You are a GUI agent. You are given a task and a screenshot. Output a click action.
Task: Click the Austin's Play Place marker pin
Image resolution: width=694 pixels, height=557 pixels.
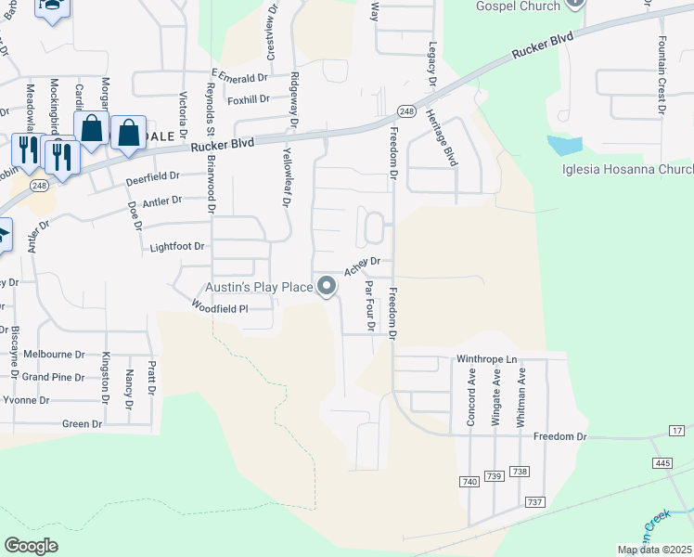(327, 287)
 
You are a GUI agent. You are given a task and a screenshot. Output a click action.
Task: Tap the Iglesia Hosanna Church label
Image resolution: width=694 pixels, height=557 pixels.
(628, 170)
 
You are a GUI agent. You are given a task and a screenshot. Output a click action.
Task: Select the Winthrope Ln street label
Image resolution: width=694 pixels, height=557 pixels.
(486, 358)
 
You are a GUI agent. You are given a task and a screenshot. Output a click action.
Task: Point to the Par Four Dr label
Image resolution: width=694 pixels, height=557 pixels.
(369, 305)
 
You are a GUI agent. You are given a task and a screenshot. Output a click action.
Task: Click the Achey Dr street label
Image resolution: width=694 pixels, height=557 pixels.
(363, 266)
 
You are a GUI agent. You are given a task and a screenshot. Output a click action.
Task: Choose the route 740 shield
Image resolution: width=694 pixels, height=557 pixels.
(469, 481)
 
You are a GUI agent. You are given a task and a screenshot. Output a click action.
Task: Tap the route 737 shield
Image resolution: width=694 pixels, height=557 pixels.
(534, 502)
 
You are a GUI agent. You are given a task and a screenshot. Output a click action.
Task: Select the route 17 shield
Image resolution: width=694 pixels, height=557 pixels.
(676, 431)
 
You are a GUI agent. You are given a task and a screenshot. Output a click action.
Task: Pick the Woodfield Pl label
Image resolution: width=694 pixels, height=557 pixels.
(220, 307)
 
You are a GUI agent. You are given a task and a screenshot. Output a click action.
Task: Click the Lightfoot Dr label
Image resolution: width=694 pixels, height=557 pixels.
(176, 248)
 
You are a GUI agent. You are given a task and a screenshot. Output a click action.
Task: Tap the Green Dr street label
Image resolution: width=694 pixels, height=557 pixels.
(82, 424)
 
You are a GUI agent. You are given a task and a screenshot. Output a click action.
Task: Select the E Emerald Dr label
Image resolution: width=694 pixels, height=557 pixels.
(238, 75)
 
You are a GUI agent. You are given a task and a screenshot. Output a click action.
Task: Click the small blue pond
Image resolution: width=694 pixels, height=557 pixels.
(565, 146)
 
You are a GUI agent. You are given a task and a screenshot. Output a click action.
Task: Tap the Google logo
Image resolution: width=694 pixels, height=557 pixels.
(31, 546)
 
